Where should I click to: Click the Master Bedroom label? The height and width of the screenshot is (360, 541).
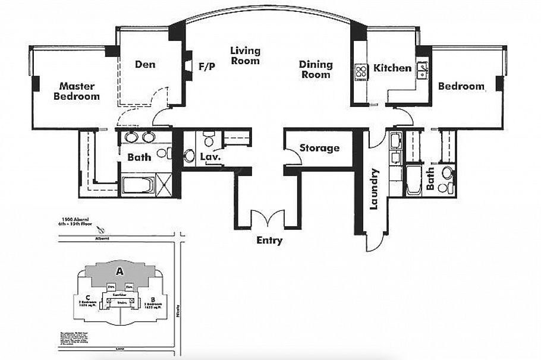pyautogui.click(x=77, y=91)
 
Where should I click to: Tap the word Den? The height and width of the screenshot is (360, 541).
pyautogui.click(x=145, y=64)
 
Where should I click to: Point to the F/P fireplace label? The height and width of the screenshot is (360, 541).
pyautogui.click(x=206, y=67)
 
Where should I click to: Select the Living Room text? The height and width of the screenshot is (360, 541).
pyautogui.click(x=245, y=56)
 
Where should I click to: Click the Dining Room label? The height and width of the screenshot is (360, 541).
pyautogui.click(x=315, y=70)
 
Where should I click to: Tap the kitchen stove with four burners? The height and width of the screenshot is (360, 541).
pyautogui.click(x=361, y=71)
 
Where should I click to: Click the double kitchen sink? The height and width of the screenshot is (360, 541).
pyautogui.click(x=422, y=71)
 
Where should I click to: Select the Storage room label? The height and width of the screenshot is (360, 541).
pyautogui.click(x=319, y=148)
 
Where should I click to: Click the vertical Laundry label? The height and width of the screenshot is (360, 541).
pyautogui.click(x=374, y=189)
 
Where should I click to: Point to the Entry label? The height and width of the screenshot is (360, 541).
pyautogui.click(x=269, y=241)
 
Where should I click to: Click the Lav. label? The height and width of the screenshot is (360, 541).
pyautogui.click(x=210, y=157)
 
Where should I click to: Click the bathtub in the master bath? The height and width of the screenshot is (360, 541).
pyautogui.click(x=138, y=184)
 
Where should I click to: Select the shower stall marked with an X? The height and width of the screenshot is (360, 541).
pyautogui.click(x=163, y=184)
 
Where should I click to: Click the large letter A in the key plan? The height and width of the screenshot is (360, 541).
pyautogui.click(x=119, y=271)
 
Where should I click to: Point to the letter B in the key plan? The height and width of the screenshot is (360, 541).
pyautogui.click(x=153, y=299)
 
